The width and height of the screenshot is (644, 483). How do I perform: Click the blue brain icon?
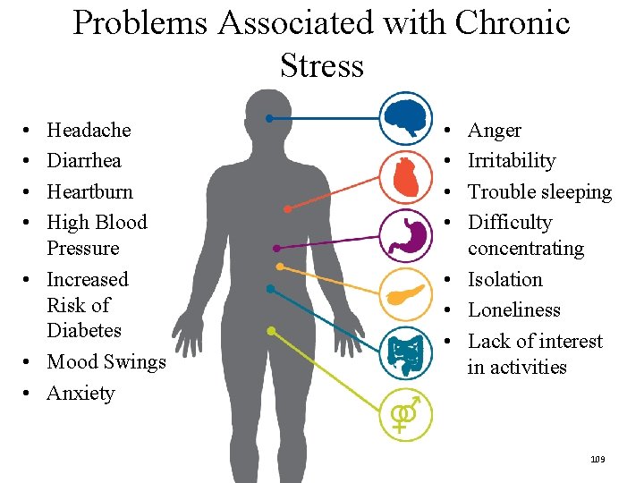pos(405,118)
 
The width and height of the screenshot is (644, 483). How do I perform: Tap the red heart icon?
pos(405,177)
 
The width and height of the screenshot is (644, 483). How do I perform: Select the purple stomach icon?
pos(405,235)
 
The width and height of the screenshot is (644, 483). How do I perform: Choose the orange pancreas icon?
pos(405,293)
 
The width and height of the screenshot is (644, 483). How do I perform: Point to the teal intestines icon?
pos(405,352)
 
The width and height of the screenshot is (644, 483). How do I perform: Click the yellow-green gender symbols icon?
pos(405,413)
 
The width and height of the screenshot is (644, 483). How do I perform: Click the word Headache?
pos(89,131)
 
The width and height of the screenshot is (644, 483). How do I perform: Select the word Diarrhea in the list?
pos(84,161)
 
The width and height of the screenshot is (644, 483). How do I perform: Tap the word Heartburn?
pos(89,191)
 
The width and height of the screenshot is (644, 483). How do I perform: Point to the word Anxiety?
pos(80,394)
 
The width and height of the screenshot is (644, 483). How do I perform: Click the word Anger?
pos(495,131)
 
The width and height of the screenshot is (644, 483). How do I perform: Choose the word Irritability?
pos(512,161)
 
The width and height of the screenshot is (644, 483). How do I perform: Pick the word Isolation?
pos(505,280)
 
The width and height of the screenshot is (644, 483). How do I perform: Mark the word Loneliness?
pos(514,310)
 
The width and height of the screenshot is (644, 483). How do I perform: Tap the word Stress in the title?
pos(322,65)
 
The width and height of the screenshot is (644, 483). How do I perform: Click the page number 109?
pos(597,459)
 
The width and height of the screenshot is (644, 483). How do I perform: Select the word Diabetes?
pos(84,331)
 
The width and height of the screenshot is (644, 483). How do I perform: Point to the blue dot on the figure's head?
pos(268,118)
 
